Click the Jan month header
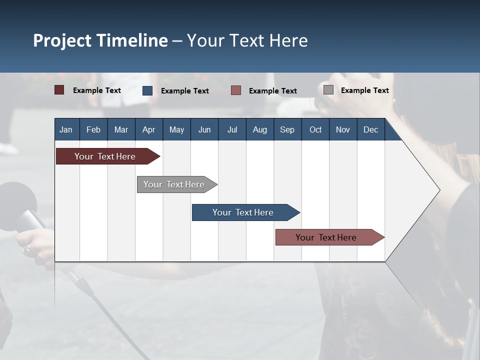coord(66,129)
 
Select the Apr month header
coord(148,129)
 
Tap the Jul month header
coord(232,129)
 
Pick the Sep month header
coord(287,129)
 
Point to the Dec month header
coord(370,129)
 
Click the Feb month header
coord(93,129)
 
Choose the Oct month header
coord(315,129)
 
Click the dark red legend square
coord(59,90)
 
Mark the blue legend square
coord(147,90)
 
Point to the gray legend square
coord(328,90)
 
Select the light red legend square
coord(236,90)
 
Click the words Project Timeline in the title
coord(100,40)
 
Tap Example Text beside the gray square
coord(364,90)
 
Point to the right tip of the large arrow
coord(439,190)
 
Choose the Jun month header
coord(204,129)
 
